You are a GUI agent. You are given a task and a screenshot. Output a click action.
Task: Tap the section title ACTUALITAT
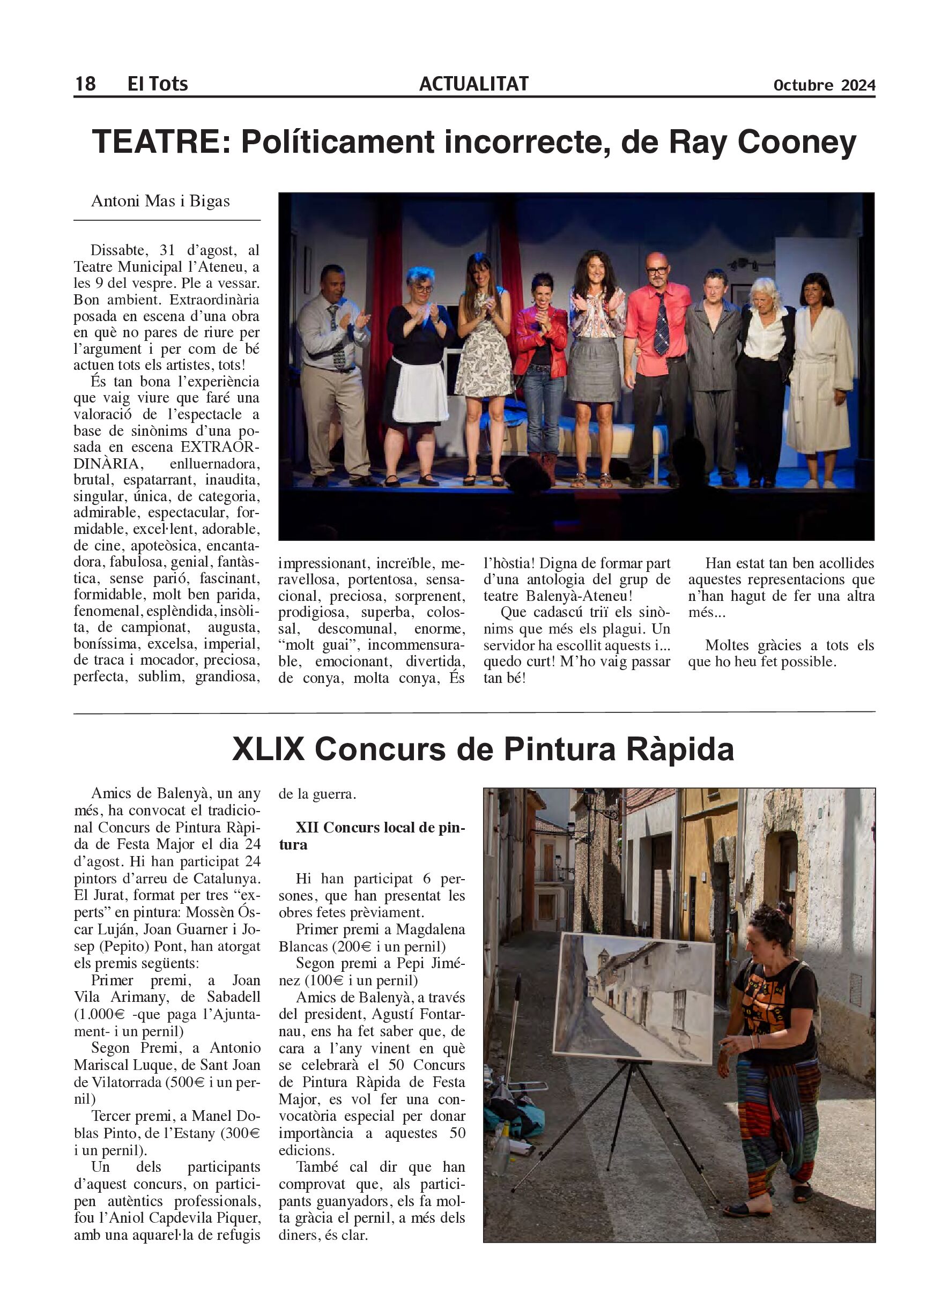pos(473,84)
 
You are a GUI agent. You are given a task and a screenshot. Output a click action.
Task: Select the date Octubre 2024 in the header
pos(824,85)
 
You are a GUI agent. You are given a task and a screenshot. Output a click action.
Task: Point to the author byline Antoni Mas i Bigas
pos(160,201)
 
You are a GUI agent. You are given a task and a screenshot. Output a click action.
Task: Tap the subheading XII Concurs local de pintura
pos(372,836)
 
